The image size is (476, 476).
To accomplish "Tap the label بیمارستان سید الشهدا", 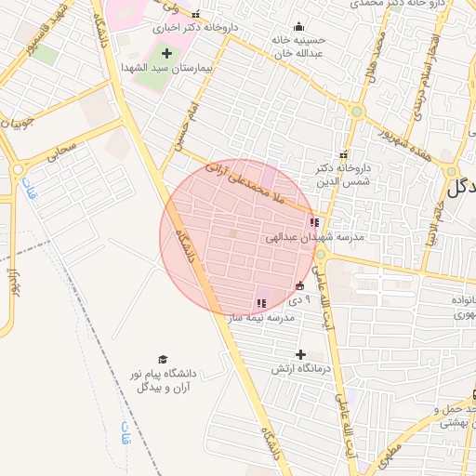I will [166, 68].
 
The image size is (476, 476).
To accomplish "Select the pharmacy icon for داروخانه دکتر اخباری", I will [194, 15].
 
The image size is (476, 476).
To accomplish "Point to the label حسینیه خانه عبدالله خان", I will [298, 46].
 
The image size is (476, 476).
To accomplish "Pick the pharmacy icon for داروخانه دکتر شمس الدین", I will [344, 153].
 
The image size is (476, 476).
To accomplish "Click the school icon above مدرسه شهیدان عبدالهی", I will [313, 223].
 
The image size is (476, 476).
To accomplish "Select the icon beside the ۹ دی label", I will [299, 286].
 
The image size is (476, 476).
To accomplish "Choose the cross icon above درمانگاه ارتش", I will [299, 353].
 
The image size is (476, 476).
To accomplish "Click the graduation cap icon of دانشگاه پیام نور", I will [163, 359].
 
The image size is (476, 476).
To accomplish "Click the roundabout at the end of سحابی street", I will [18, 170].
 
